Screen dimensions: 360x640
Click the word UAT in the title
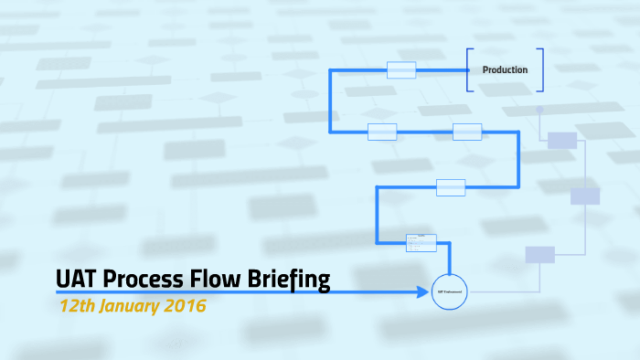tap(78, 278)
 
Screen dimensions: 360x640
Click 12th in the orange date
tap(76, 305)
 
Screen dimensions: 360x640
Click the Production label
tap(505, 69)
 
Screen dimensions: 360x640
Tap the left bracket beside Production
tap(468, 69)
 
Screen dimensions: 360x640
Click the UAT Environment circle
tap(449, 291)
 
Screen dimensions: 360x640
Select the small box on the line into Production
tap(401, 69)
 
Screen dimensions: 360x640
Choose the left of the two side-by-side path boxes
tap(382, 132)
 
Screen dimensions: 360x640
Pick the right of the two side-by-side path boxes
tap(467, 132)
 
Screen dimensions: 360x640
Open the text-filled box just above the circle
tap(421, 242)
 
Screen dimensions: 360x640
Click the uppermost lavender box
tap(561, 140)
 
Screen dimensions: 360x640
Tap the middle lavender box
tap(585, 196)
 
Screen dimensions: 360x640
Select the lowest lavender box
tap(539, 255)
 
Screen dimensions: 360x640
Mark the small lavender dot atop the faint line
tap(540, 109)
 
